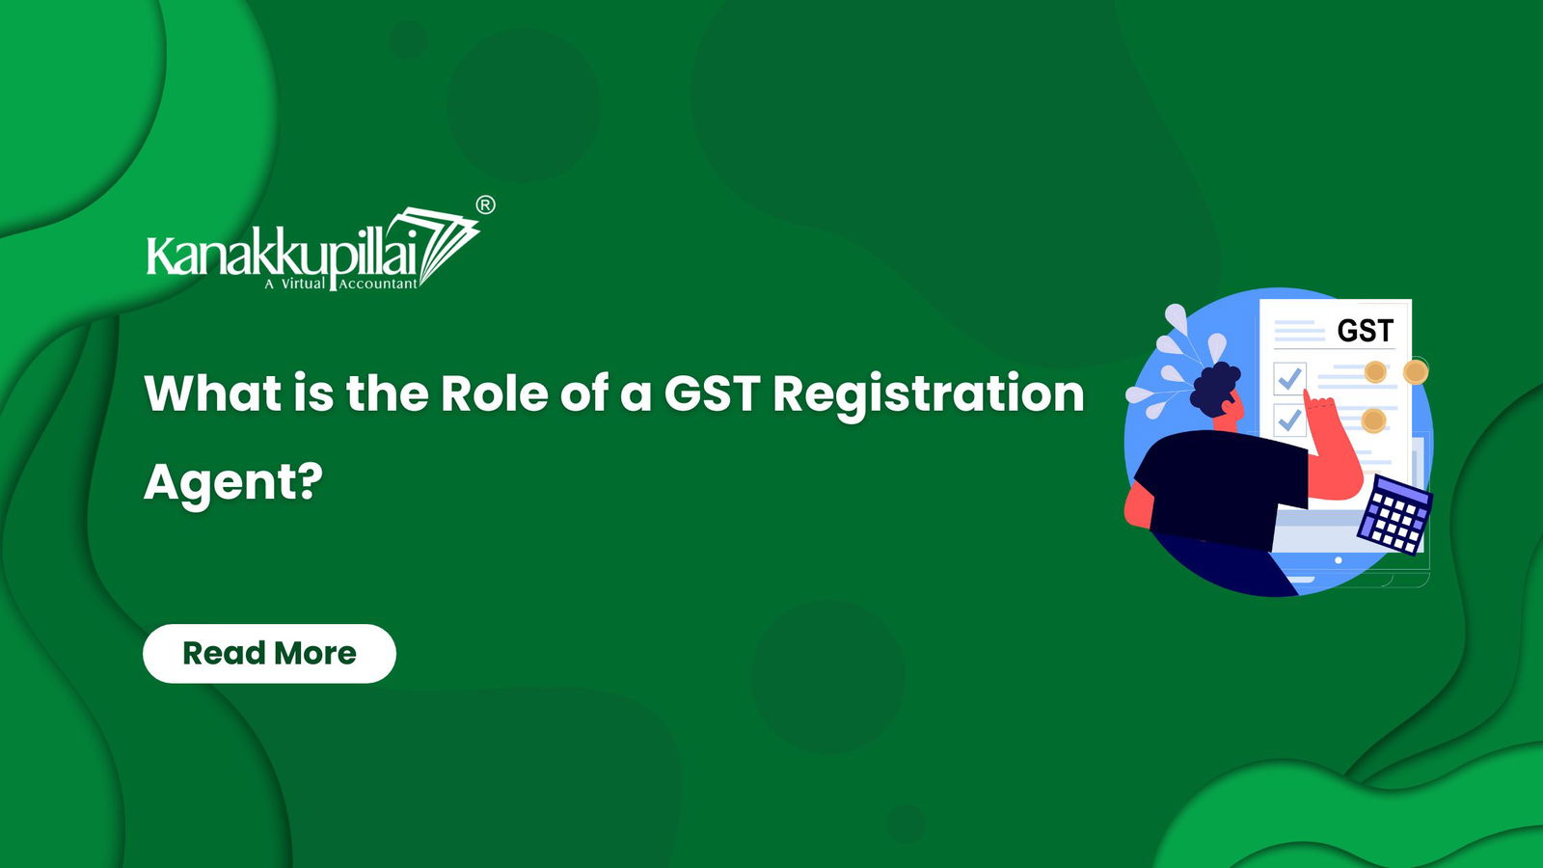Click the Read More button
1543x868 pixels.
[x=269, y=653]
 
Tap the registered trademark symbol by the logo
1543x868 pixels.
[x=485, y=205]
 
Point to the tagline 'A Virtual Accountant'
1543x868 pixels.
[x=341, y=284]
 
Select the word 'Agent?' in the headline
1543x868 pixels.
[x=233, y=483]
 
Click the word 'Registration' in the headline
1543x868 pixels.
[x=929, y=395]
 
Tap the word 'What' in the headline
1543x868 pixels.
[x=213, y=393]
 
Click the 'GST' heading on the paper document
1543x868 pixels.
[x=1366, y=332]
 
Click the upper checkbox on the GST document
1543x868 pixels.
[x=1289, y=378]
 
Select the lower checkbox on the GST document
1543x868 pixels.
[x=1288, y=420]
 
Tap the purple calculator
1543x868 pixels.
[x=1394, y=514]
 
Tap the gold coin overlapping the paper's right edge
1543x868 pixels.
[x=1416, y=372]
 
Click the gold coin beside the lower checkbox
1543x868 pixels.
[x=1373, y=420]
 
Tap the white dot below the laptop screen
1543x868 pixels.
[x=1338, y=560]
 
